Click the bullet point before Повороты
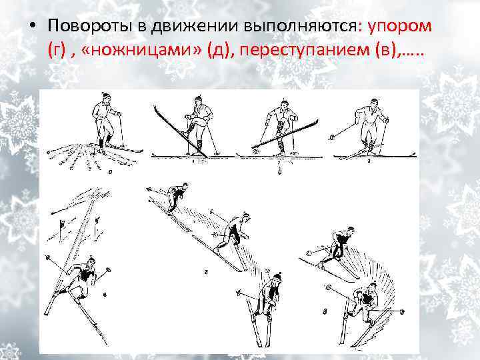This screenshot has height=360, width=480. point(31,26)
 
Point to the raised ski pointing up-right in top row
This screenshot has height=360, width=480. point(287,133)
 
